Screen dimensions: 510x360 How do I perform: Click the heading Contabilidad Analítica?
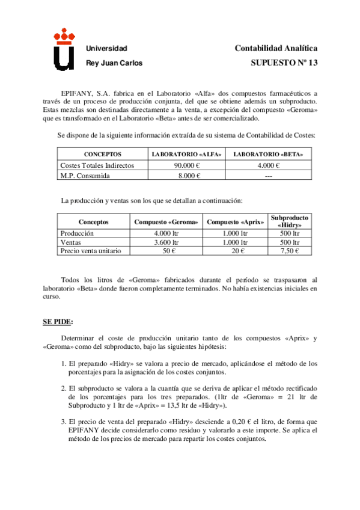[x=276, y=48]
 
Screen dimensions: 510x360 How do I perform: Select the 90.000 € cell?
[x=187, y=165]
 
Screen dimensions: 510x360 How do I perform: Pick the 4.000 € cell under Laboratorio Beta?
[x=267, y=165]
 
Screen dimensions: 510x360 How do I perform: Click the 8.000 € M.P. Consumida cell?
[x=187, y=175]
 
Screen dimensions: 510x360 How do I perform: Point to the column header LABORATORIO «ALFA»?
[x=187, y=155]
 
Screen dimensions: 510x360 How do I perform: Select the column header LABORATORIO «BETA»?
[x=267, y=155]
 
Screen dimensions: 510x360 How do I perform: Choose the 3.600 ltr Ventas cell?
[x=166, y=242]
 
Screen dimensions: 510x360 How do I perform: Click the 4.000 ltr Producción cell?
[x=166, y=233]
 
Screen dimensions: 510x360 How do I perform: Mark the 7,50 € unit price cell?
[x=290, y=251]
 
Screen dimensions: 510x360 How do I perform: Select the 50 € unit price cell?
[x=166, y=251]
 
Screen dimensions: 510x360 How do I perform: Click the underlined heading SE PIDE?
[x=58, y=322]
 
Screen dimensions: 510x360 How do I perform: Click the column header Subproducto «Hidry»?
[x=290, y=221]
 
